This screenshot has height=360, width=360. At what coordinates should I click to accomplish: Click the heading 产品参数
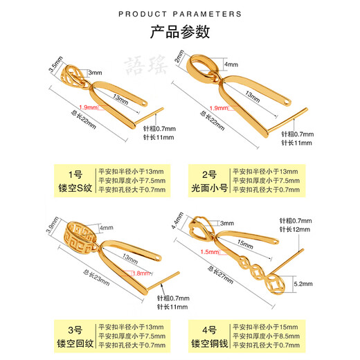click(x=180, y=32)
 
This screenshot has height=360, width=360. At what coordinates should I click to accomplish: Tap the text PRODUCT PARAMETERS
click(x=180, y=13)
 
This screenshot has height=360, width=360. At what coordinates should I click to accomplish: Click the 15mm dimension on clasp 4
click(x=246, y=244)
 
